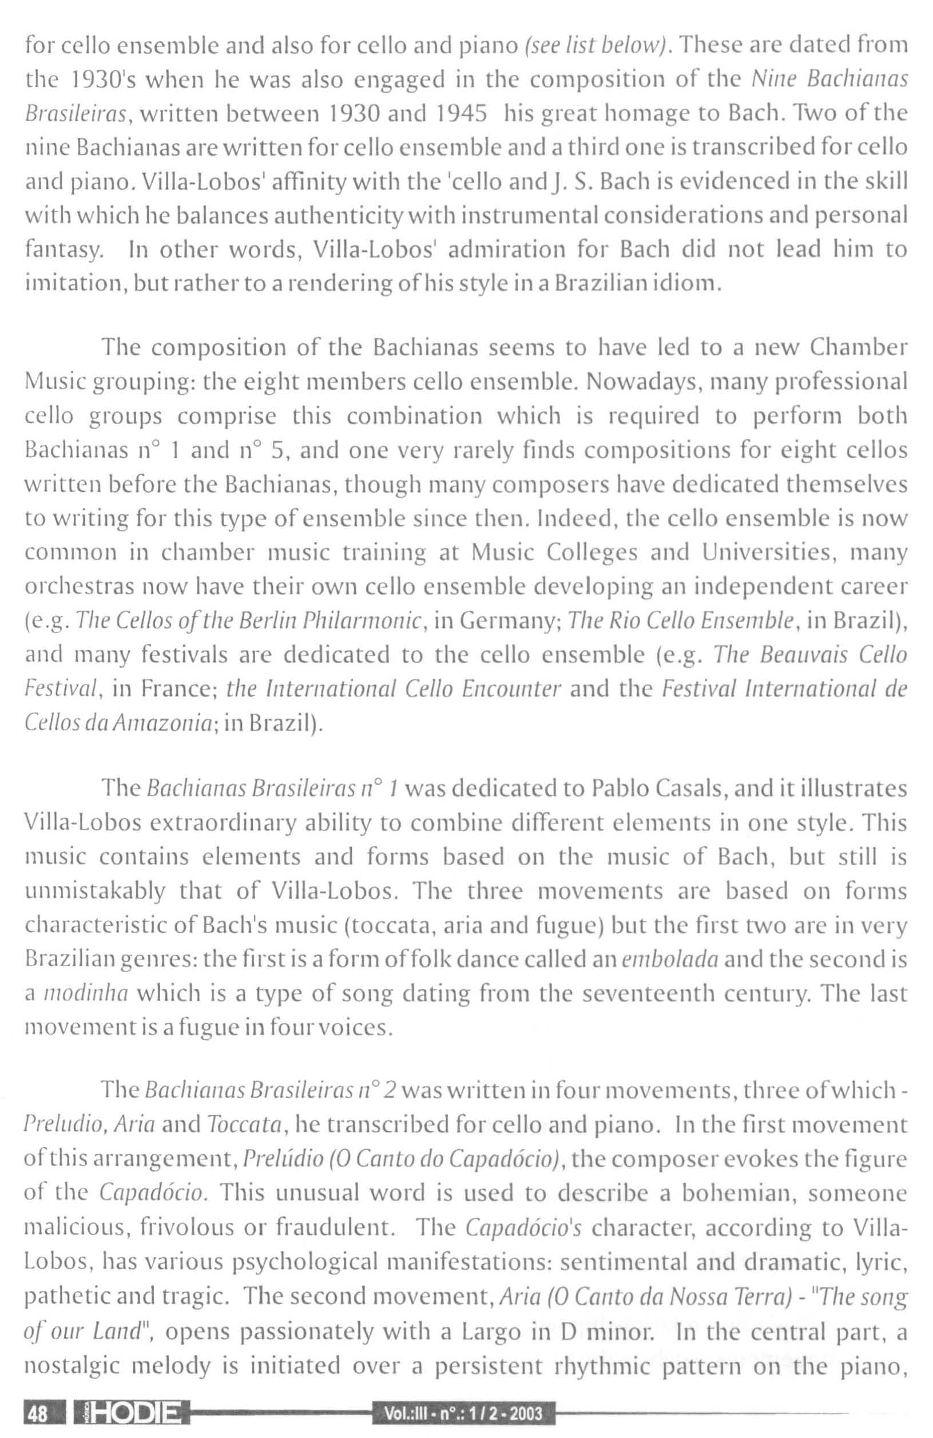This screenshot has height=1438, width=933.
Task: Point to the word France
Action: tap(177, 689)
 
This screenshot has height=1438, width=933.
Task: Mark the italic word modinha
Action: tap(85, 994)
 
